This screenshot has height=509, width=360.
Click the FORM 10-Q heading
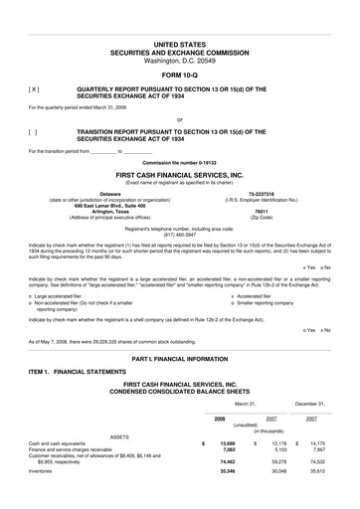pyautogui.click(x=179, y=76)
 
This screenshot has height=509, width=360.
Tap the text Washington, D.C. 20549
pyautogui.click(x=179, y=61)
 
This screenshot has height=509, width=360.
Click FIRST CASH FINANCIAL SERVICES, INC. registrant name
pyautogui.click(x=179, y=174)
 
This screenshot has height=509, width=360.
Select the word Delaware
pyautogui.click(x=110, y=192)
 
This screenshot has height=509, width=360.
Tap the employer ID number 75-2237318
pyautogui.click(x=262, y=192)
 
